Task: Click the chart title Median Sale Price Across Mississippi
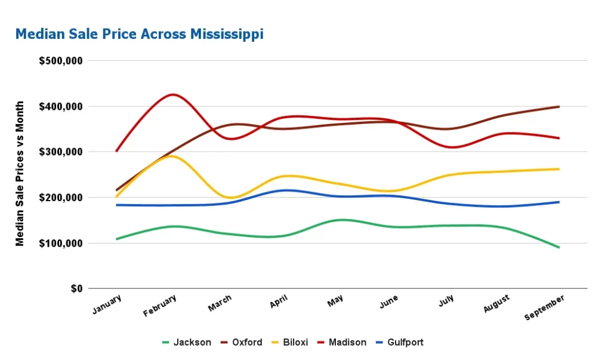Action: (139, 34)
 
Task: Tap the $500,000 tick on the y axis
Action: (61, 61)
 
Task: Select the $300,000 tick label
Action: (61, 152)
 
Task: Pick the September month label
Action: (545, 307)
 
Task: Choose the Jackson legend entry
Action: (187, 342)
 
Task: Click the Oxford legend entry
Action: (241, 342)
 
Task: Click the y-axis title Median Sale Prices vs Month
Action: (20, 173)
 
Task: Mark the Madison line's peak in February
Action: (172, 94)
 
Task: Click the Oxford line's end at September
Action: (559, 107)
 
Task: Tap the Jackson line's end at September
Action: (559, 247)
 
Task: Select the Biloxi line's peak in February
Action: (171, 156)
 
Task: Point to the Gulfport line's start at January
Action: (116, 205)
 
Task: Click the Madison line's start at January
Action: (116, 151)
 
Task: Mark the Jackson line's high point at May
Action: (341, 220)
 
